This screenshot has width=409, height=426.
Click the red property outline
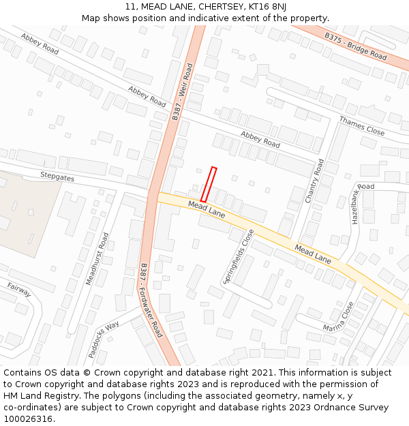(x=209, y=184)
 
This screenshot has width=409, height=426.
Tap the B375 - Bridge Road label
(x=355, y=46)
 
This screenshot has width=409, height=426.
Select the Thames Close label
(x=361, y=125)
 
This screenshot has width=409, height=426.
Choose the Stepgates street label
(x=57, y=177)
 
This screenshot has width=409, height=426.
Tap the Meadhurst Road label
(x=96, y=258)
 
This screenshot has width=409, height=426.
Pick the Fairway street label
(x=19, y=289)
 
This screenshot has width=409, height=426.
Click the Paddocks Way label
(x=103, y=339)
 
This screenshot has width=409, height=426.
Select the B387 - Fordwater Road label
(x=151, y=300)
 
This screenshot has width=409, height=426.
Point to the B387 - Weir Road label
(x=182, y=92)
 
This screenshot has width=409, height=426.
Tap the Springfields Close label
(x=239, y=257)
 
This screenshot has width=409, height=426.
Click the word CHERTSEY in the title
(x=222, y=7)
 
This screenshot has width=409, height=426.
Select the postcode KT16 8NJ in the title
(x=268, y=7)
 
